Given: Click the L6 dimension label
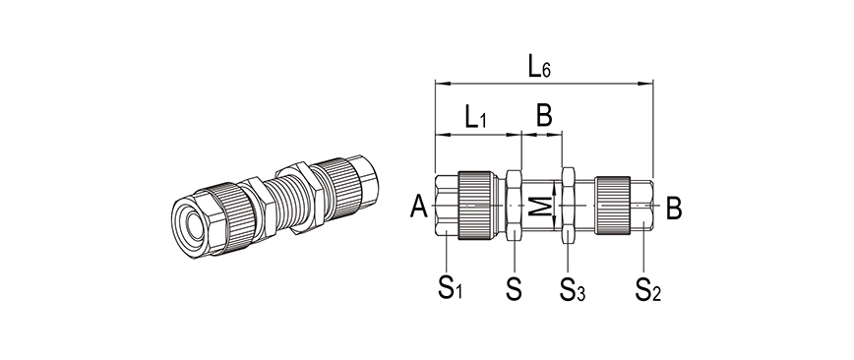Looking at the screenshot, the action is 539,67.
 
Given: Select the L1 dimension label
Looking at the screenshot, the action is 475,116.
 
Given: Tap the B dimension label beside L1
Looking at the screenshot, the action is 544,115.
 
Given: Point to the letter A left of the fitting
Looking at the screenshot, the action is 419,207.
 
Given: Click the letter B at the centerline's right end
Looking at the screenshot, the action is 674,209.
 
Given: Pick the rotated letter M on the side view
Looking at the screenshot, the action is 541,206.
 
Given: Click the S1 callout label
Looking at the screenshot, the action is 451,287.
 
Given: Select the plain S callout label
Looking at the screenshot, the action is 514,288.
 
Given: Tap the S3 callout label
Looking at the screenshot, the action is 573,288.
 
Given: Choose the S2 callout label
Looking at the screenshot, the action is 648,288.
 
